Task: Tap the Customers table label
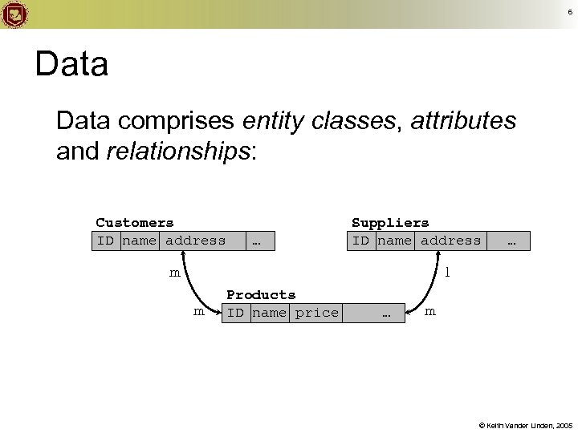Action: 134,222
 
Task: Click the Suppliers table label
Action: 390,222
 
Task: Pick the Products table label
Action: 261,295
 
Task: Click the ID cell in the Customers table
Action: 105,241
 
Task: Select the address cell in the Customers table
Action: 195,241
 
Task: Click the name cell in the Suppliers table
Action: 393,241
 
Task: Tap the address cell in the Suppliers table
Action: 450,241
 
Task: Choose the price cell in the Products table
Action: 317,313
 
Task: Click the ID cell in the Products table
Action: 235,313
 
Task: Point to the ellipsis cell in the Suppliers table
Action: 511,241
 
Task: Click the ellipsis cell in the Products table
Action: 385,314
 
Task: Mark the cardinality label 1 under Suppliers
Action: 448,273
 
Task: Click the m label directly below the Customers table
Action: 174,273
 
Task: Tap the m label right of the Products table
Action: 430,311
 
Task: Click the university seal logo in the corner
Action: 14,14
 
